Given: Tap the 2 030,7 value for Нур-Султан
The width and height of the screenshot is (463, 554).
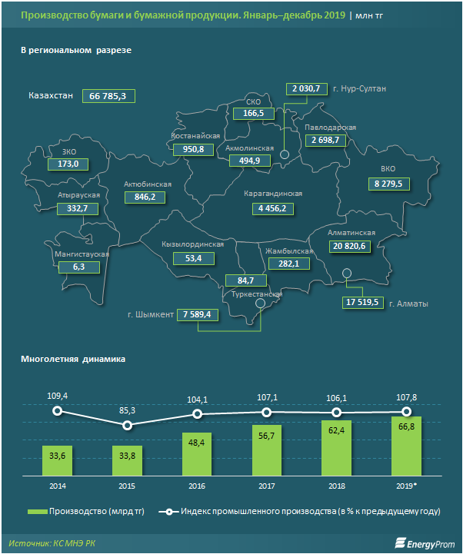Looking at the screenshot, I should point(306,89).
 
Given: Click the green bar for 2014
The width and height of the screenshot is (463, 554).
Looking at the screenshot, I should point(57,462).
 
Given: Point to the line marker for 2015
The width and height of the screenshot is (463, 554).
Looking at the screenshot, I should point(127,425).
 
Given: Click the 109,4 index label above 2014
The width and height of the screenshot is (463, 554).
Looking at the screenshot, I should point(57,395).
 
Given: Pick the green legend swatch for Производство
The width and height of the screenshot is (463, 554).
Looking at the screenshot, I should point(36,511).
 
